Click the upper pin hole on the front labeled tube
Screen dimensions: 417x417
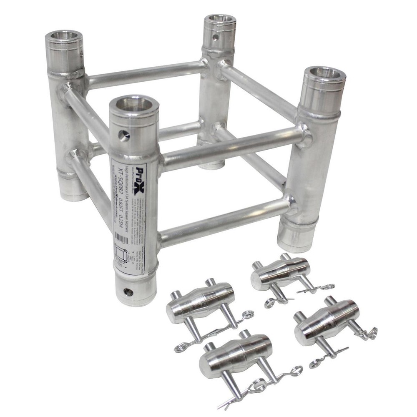pos(123,135)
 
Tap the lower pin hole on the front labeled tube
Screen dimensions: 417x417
pos(128,292)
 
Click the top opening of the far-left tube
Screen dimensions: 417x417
pos(64,37)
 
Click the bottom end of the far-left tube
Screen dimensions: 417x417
pos(72,190)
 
